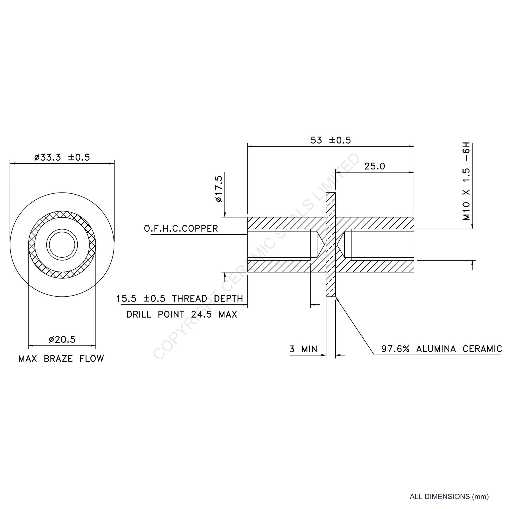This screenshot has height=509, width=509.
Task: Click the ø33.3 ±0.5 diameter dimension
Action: tap(62, 157)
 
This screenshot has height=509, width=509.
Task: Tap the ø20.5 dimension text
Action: tap(62, 340)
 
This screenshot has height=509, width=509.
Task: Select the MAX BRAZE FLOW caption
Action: tap(61, 359)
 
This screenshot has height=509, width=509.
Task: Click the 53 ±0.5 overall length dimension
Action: tap(331, 140)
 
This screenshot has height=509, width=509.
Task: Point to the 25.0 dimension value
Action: tap(375, 166)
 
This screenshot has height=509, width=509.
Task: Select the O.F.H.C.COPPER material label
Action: tap(181, 228)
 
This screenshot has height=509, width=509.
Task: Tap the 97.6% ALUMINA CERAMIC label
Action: tap(442, 349)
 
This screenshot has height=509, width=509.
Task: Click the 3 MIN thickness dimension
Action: tap(303, 349)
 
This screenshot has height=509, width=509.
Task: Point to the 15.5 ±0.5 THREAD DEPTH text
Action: tap(180, 299)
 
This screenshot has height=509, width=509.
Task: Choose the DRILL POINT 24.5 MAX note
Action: tap(182, 314)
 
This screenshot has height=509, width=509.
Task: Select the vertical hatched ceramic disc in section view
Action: tap(331, 245)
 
